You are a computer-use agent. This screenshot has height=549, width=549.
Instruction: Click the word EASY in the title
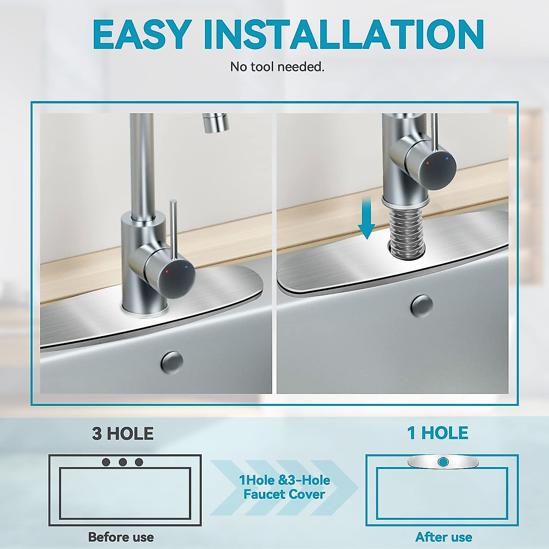click(x=142, y=34)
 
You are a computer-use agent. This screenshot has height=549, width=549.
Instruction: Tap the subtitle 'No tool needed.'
click(x=277, y=67)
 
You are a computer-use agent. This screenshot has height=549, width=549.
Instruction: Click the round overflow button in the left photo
click(x=172, y=362)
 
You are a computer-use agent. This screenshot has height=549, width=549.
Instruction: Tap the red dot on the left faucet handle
click(x=167, y=271)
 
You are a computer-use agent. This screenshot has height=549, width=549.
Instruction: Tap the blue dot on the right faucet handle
click(x=447, y=159)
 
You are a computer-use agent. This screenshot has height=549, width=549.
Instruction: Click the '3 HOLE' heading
click(x=123, y=434)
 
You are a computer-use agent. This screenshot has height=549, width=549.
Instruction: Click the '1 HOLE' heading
click(x=438, y=433)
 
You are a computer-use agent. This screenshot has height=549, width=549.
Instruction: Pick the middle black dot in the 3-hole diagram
click(x=123, y=462)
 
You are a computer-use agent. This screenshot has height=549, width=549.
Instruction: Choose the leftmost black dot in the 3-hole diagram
click(x=106, y=462)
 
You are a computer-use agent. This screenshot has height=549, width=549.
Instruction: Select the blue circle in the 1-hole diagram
click(x=442, y=462)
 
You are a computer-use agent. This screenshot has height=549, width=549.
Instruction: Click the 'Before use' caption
click(x=121, y=537)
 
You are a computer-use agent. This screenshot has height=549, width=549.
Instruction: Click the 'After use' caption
click(x=444, y=537)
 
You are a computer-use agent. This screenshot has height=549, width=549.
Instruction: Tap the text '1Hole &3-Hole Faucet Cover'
click(x=284, y=487)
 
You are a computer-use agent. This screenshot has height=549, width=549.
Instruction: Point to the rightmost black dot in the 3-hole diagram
click(x=139, y=462)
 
